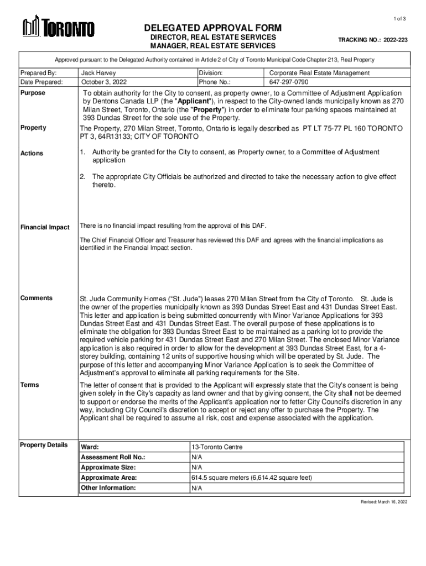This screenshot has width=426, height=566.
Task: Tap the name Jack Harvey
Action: click(x=98, y=72)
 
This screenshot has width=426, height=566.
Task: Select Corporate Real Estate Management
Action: click(x=319, y=72)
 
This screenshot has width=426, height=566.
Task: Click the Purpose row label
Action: click(x=33, y=93)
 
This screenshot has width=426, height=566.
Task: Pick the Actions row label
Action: click(x=32, y=153)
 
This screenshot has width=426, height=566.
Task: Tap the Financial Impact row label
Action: click(x=45, y=227)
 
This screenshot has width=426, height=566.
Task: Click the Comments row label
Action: click(x=37, y=298)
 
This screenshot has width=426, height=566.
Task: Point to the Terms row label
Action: click(x=30, y=384)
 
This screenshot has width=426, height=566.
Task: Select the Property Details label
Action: click(x=44, y=445)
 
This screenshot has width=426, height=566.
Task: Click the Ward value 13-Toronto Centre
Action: click(x=216, y=447)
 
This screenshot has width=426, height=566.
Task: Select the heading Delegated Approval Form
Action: click(x=213, y=28)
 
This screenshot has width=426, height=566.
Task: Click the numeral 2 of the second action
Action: click(x=82, y=177)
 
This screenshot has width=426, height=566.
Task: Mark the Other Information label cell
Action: click(x=108, y=488)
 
